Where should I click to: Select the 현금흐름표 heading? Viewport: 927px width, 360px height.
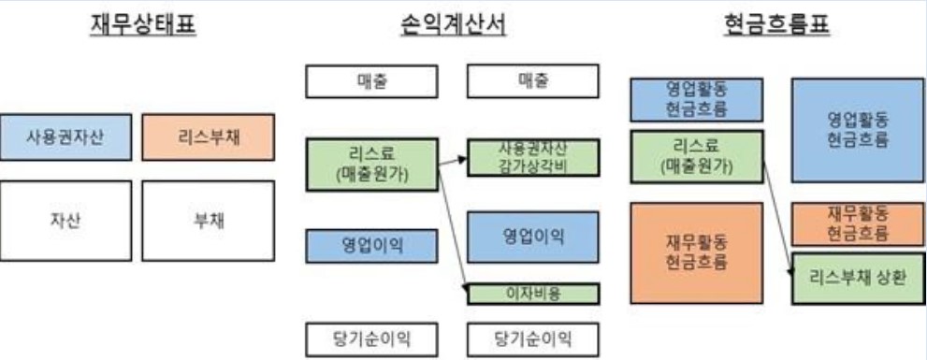[x=776, y=25]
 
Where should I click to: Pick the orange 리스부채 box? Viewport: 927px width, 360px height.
[x=209, y=137]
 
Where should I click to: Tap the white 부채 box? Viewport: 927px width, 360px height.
[x=209, y=221]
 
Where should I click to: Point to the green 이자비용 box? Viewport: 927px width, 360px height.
[x=531, y=293]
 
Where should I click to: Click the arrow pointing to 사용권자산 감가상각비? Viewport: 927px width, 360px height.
[x=453, y=160]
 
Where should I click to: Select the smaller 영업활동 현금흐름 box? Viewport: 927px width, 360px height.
[x=697, y=100]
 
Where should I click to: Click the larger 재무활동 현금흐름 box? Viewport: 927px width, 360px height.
[x=697, y=252]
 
